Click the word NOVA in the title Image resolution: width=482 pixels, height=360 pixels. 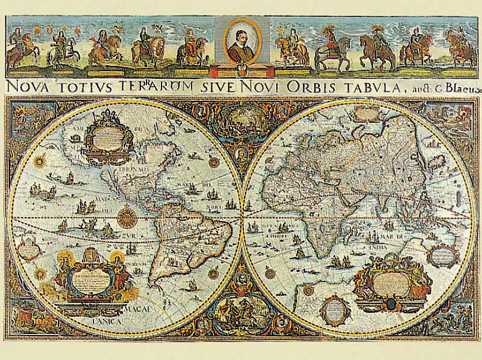tap(25, 86)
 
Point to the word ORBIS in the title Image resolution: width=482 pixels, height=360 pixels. tap(306, 86)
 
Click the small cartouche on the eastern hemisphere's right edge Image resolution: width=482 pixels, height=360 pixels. tap(443, 256)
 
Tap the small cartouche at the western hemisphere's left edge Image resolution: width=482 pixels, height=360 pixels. tap(27, 250)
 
